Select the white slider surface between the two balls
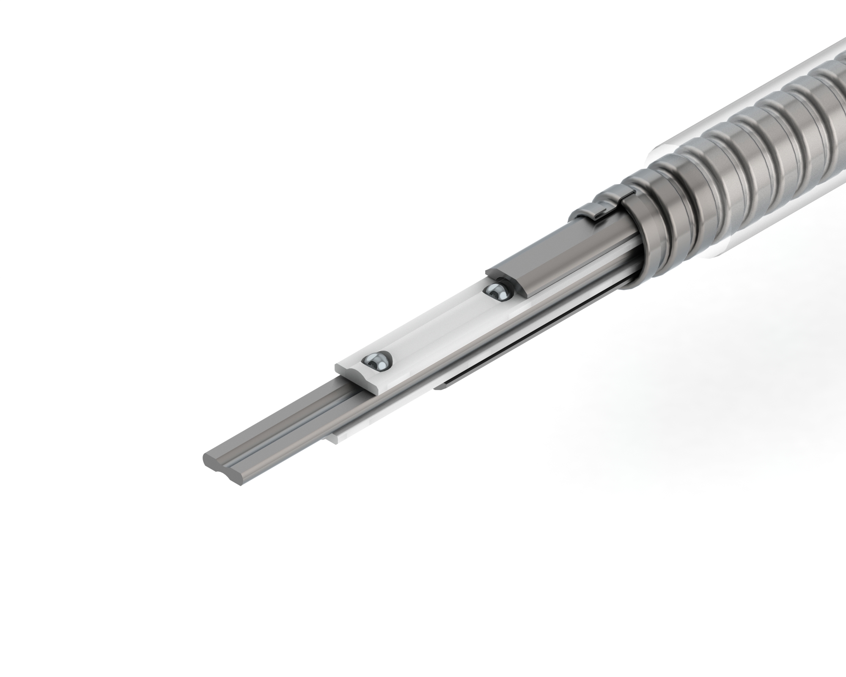click(436, 324)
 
